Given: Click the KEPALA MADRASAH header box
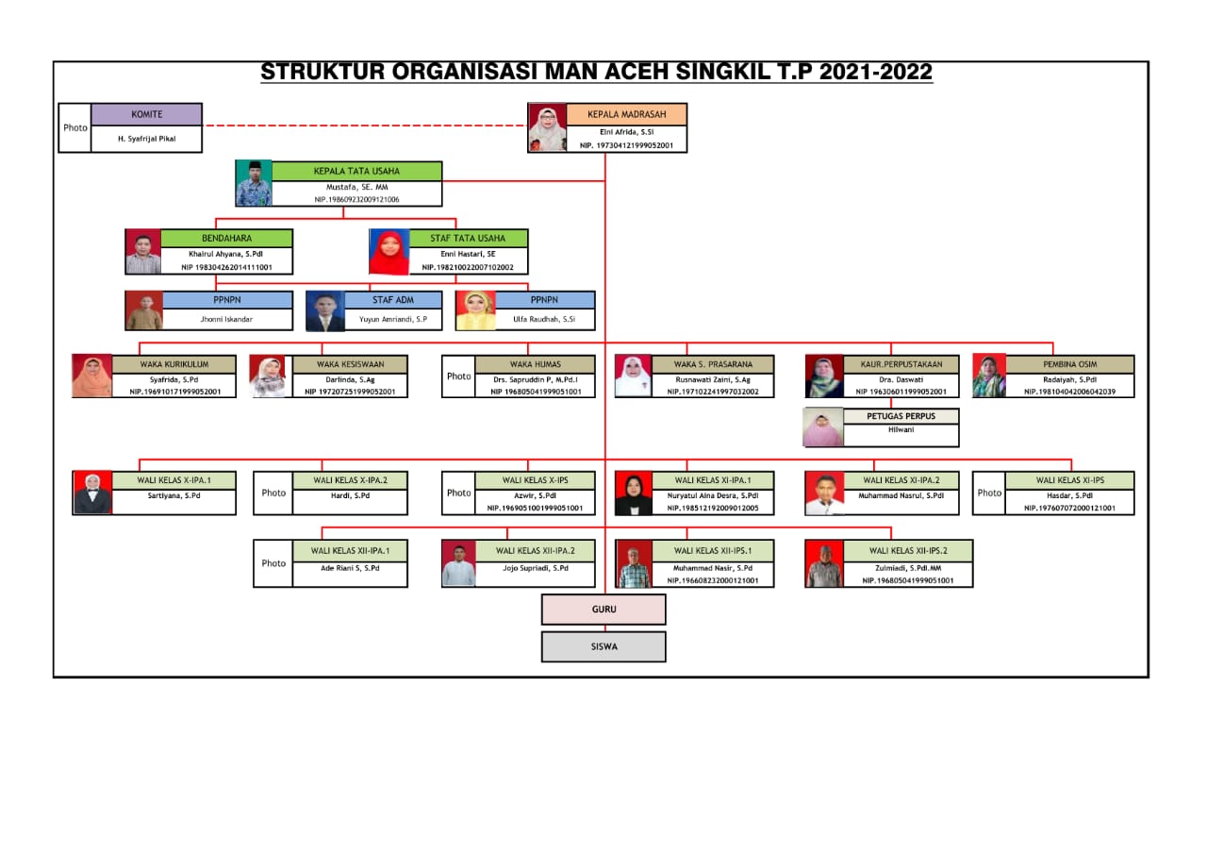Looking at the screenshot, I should coord(626,114).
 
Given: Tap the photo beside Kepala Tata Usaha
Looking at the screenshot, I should coord(254,184).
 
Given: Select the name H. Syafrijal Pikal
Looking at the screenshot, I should coord(146,138).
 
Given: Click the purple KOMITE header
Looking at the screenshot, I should coord(146,114).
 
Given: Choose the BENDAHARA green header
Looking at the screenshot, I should coord(226,239).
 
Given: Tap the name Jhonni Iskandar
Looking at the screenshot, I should coord(226,320).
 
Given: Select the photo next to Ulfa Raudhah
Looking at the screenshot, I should coord(475,310).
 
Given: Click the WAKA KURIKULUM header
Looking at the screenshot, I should coord(174,364).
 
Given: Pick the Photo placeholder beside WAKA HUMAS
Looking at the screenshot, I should coord(459,376).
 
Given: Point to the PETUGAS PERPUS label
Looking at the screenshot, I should coord(901,416).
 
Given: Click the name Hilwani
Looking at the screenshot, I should coord(901,430).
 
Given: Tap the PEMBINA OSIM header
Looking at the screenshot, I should coord(1069,364).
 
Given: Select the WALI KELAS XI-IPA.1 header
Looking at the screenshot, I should coord(711,480).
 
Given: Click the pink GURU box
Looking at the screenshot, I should coord(603,610).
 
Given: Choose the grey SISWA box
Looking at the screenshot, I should coord(603,646).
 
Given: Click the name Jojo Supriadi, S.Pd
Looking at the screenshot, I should coord(535,568).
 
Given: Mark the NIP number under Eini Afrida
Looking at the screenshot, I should coord(626,145).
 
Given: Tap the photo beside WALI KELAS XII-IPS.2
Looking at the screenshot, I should coord(824,563).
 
